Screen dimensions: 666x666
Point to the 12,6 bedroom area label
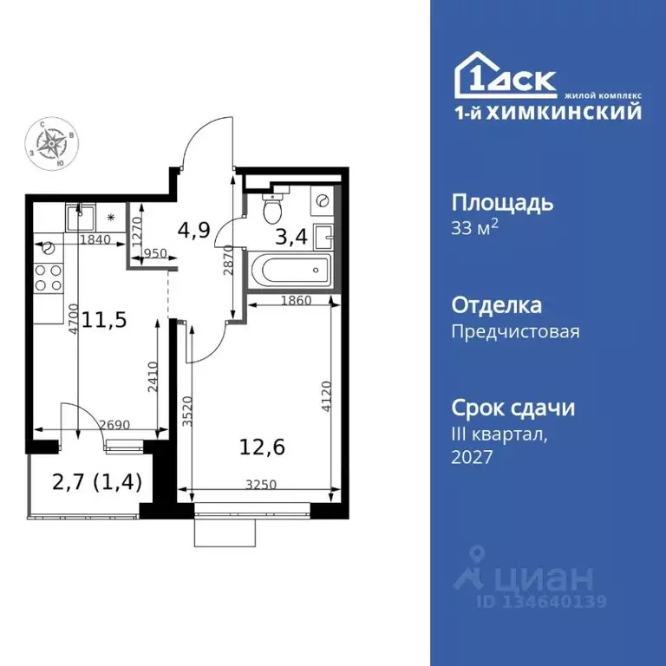pos(262,447)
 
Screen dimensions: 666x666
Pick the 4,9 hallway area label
pos(193,230)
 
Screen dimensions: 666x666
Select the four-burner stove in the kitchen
pos(48,277)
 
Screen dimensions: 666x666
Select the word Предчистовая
pos(515,330)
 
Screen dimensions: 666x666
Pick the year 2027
pos(472,457)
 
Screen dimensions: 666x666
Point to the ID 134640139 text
pos(541,601)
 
